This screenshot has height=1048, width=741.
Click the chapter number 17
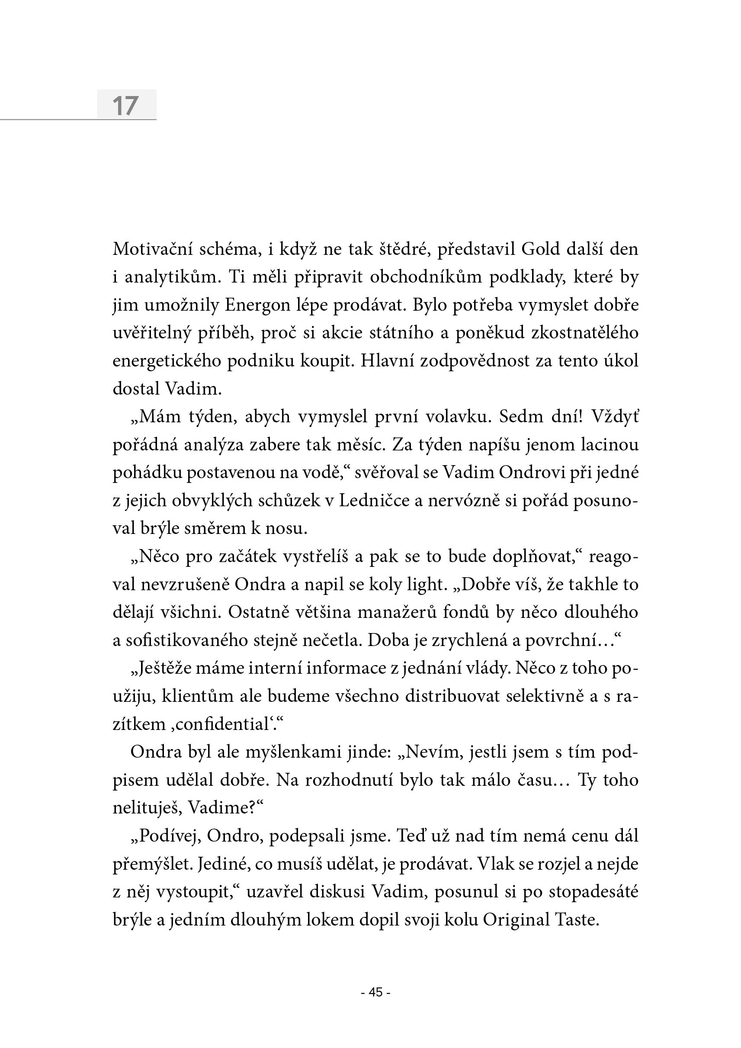point(125,106)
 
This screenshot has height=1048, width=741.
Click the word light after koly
point(424,585)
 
